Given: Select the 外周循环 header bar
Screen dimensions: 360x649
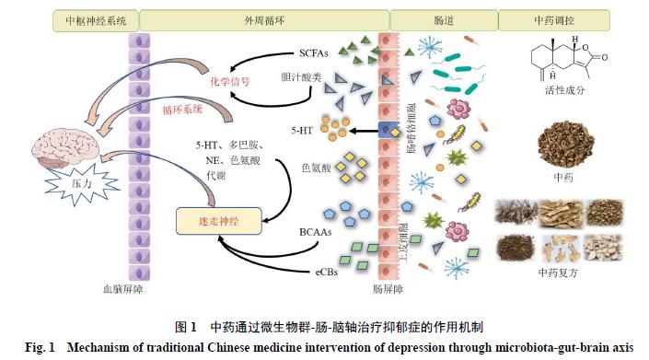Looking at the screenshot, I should coord(264,18).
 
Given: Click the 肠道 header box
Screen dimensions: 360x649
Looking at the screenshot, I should coord(443,18).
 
